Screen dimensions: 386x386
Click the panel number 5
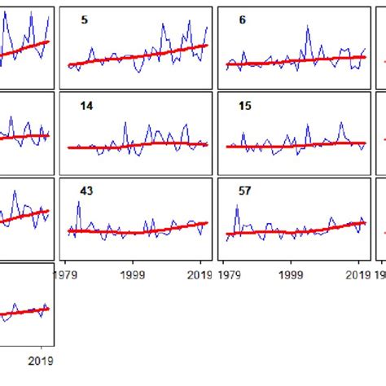[x=84, y=20]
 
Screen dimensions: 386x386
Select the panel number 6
[x=242, y=20]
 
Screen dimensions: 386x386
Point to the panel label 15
[x=245, y=106]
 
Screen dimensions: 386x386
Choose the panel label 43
[x=86, y=191]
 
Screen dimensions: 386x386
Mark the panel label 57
[x=245, y=191]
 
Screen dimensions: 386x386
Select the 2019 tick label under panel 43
[x=200, y=275]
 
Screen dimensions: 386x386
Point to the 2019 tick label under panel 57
[x=358, y=275]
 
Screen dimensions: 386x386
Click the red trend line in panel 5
[x=138, y=56]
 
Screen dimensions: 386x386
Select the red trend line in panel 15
[x=293, y=145]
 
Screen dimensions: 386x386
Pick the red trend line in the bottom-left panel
[x=24, y=313]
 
